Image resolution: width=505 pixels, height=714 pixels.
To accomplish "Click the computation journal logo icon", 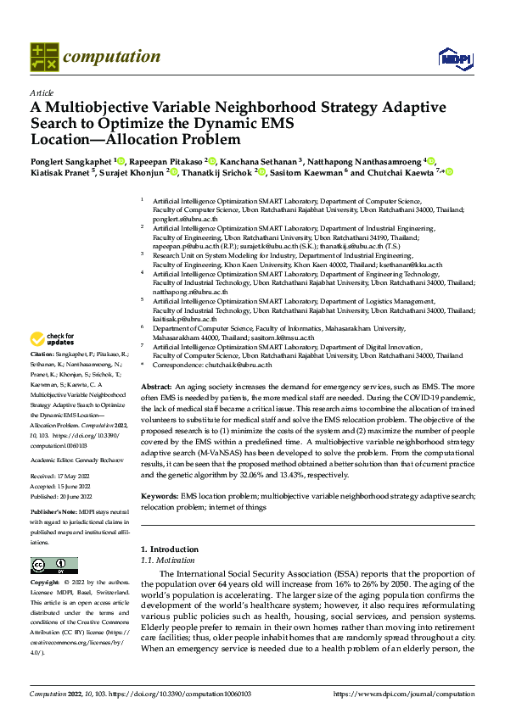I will pos(43,56).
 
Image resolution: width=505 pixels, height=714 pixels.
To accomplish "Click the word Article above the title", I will pos(42,92).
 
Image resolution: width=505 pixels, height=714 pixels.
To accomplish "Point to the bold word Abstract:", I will pos(155,385).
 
